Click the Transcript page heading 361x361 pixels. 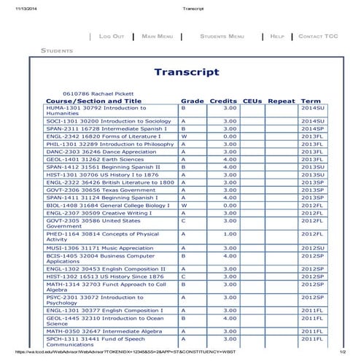[187, 72]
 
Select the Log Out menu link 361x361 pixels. [112, 36]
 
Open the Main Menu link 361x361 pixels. [158, 36]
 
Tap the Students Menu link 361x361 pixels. [222, 36]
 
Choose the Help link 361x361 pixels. [277, 36]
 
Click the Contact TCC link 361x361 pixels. [318, 36]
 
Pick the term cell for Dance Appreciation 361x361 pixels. [312, 152]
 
